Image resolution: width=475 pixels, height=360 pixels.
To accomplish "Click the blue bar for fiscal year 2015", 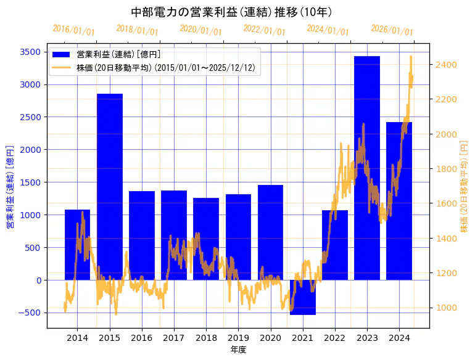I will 110,185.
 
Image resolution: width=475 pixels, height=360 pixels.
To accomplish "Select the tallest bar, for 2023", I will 367,166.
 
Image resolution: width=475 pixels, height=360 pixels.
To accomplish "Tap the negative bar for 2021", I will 303,297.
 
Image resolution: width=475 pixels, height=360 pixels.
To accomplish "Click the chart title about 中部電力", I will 232,12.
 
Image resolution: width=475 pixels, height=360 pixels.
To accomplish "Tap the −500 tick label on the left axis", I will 30,313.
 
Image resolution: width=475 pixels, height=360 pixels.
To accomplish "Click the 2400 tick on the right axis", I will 445,65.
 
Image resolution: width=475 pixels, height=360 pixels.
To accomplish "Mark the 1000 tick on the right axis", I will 445,308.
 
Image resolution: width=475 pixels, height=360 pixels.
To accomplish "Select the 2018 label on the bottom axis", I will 206,338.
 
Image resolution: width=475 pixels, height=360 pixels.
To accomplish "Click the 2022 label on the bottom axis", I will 335,338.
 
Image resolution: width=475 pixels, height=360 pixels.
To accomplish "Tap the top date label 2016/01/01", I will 73,30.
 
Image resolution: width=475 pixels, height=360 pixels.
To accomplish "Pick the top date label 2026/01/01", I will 392,30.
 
